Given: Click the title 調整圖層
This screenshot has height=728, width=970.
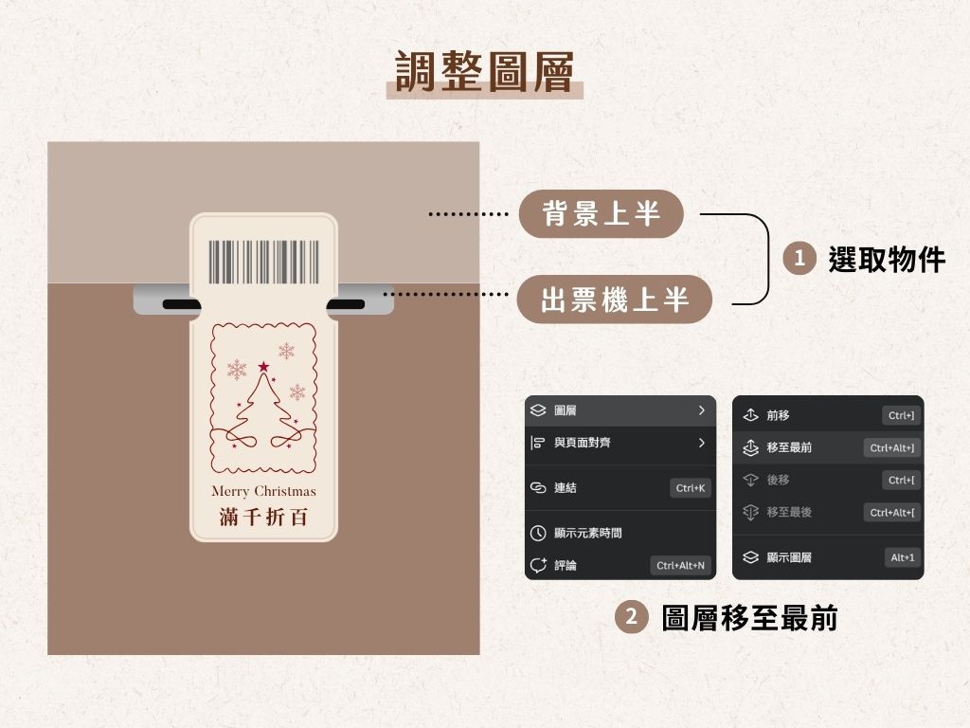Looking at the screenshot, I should (x=484, y=72).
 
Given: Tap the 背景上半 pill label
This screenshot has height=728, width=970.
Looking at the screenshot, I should (x=601, y=213).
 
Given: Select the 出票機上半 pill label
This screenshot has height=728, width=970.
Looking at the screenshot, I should (x=614, y=300).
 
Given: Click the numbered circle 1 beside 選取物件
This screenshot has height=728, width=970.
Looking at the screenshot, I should (x=799, y=258).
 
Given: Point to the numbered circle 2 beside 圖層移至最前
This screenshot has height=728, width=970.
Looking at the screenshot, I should (x=631, y=618).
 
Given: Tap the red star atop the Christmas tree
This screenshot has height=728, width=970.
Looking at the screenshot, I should (x=263, y=367).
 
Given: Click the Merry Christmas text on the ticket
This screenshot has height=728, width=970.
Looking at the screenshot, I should (x=263, y=491).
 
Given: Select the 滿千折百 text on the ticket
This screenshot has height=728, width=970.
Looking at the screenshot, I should (x=263, y=517).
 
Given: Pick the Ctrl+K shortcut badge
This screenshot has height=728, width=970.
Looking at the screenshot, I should (x=690, y=488).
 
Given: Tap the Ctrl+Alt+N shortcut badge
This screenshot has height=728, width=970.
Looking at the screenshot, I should (x=680, y=566).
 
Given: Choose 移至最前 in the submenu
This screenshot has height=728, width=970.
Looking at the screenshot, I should (x=788, y=447).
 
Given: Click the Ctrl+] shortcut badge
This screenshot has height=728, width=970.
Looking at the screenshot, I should (x=901, y=415).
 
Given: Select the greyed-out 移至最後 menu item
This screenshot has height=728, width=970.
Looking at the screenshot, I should (x=788, y=512).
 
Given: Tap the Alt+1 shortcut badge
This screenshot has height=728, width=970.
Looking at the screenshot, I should (x=902, y=557).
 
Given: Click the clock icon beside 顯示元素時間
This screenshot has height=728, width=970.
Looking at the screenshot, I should (x=538, y=534).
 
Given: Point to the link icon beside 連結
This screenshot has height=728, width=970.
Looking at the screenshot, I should (x=538, y=488).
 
